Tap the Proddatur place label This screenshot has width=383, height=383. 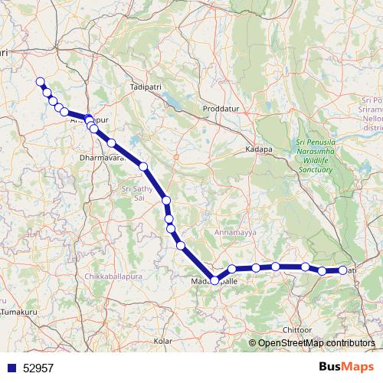pos(221,110)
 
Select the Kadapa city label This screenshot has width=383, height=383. pos(259,149)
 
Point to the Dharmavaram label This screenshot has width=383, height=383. pos(102,159)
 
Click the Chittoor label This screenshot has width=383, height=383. pos(297,329)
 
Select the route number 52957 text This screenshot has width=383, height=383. pos(39,368)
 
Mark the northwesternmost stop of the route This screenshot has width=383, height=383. pos(40,82)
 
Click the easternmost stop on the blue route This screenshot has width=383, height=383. pos(342,270)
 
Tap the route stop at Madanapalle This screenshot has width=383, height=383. pos(214,280)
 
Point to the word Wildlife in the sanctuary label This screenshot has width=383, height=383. pos(315,162)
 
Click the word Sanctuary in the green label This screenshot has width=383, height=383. pos(315,171)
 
